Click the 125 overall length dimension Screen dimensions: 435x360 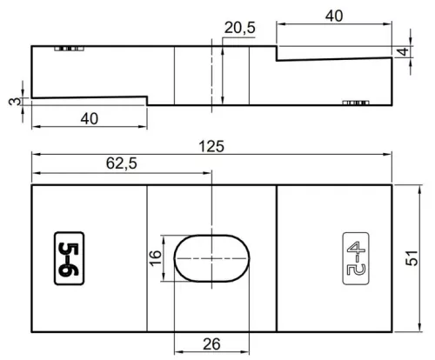click(x=211, y=146)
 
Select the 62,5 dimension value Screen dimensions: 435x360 click(x=121, y=163)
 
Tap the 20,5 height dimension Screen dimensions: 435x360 click(x=240, y=28)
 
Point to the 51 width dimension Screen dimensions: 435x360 click(x=412, y=257)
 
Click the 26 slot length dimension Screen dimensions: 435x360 click(x=211, y=344)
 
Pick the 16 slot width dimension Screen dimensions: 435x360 click(x=155, y=257)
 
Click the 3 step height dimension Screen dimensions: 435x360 click(x=15, y=102)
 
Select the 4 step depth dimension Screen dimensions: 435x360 click(x=403, y=52)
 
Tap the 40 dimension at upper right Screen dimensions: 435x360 click(x=334, y=16)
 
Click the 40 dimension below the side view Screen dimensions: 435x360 click(x=90, y=118)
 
